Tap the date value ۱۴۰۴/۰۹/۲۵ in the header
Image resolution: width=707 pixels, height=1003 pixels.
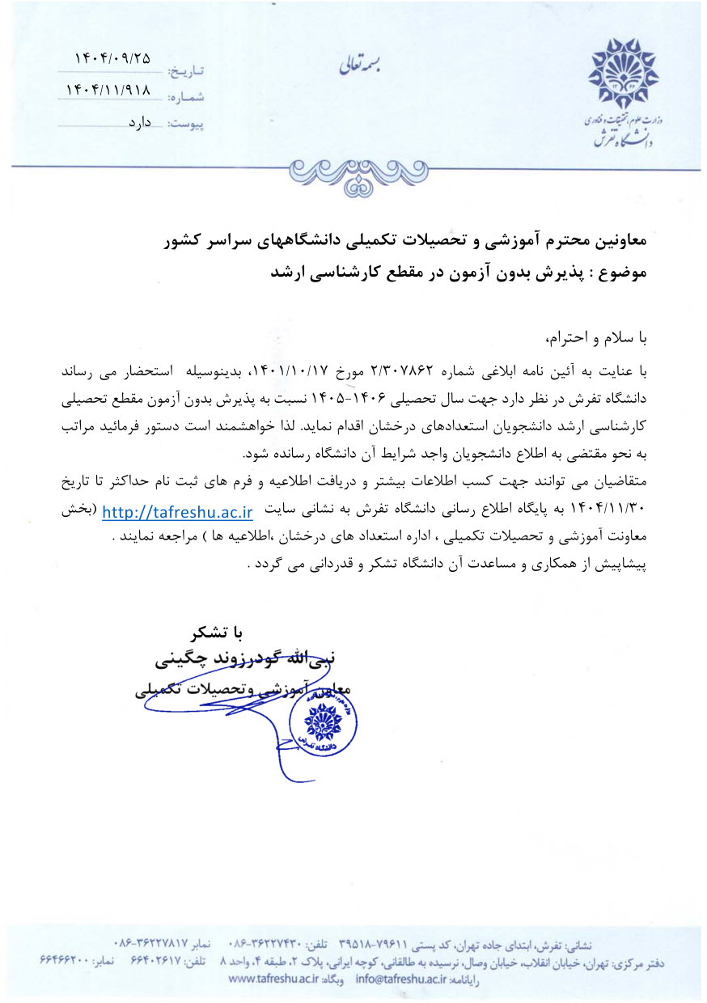[x=112, y=58]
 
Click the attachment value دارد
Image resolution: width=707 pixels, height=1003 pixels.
[x=143, y=124]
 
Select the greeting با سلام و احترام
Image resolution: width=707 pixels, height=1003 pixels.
[x=599, y=336]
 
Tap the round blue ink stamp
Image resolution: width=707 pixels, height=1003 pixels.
[x=323, y=723]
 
